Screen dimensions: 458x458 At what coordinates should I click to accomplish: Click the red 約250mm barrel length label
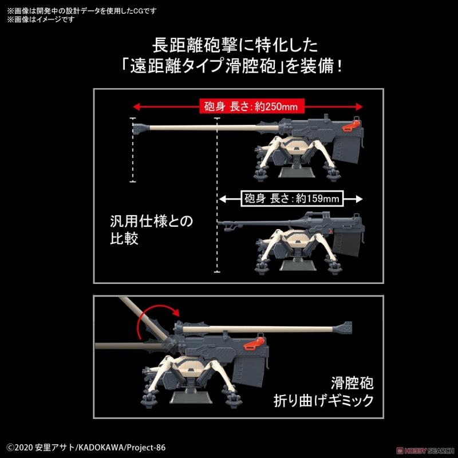point(252,106)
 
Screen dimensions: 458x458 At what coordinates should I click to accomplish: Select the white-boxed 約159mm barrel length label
point(292,199)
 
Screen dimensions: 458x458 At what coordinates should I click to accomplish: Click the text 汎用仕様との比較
point(151,230)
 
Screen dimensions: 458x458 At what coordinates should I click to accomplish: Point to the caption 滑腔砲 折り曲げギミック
point(323,392)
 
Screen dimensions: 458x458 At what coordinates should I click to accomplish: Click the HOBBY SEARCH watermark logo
point(425,451)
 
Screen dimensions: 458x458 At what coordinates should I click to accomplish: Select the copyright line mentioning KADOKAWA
point(86,448)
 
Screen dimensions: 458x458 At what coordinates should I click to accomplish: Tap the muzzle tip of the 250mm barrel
point(133,128)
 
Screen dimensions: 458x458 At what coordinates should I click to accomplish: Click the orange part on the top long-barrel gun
point(352,125)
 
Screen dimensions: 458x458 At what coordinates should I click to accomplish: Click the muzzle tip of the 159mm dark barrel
point(219,223)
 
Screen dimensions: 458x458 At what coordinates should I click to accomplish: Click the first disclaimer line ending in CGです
point(82,11)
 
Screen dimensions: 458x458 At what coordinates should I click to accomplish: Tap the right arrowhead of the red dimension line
point(360,106)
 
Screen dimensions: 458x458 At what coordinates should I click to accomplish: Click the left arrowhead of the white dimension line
point(223,199)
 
